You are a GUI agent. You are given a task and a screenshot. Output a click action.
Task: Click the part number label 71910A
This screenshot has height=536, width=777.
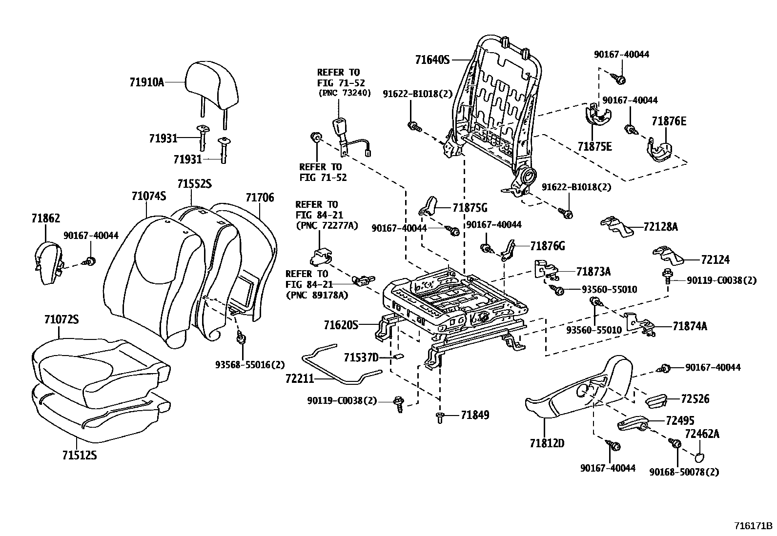coord(146,82)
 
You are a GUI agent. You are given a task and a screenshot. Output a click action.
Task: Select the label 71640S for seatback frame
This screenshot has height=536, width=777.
coord(432,60)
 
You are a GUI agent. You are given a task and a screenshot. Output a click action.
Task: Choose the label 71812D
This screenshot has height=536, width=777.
coord(547,443)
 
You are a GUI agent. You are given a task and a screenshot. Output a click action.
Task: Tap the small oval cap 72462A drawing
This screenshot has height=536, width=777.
coord(699,457)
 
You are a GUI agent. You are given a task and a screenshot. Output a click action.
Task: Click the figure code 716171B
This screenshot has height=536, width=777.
coord(754,526)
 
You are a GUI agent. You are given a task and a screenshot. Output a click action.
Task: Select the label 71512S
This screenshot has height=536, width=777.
coord(80,455)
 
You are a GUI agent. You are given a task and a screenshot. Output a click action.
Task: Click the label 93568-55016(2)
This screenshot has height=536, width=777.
coord(250,364)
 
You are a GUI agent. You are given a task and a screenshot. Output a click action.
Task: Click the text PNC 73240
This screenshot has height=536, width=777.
coord(345,93)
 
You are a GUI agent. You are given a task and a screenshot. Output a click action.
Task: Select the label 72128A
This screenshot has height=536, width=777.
coord(660,227)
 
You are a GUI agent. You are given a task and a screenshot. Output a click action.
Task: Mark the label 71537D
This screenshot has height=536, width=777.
coord(361,357)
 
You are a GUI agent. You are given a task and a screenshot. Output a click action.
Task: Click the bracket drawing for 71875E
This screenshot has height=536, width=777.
coord(598,117)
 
